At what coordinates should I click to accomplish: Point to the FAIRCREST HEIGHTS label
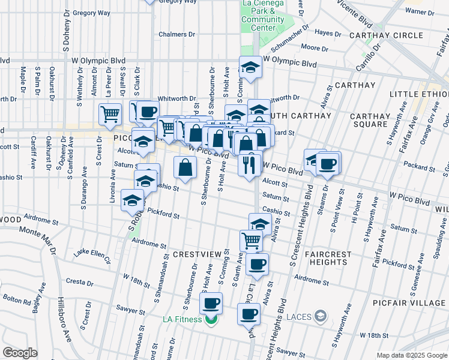pyautogui.click(x=327, y=258)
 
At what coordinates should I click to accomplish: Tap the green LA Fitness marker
pyautogui.click(x=210, y=319)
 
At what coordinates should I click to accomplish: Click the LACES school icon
pyautogui.click(x=321, y=316)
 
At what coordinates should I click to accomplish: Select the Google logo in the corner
pyautogui.click(x=20, y=353)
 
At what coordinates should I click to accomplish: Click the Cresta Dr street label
pyautogui.click(x=79, y=281)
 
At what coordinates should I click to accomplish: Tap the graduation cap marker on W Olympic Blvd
pyautogui.click(x=250, y=67)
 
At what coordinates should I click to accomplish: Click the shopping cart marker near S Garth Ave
pyautogui.click(x=252, y=241)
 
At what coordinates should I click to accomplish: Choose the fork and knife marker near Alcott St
pyautogui.click(x=249, y=163)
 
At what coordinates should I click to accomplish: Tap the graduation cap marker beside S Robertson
pyautogui.click(x=132, y=201)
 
